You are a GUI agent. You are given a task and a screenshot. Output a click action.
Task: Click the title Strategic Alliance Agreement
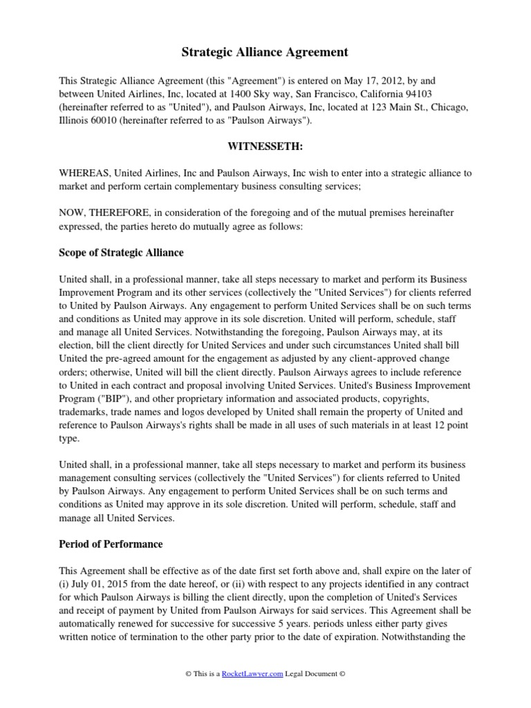(x=265, y=52)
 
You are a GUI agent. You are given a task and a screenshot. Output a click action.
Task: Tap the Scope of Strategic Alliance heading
(x=121, y=252)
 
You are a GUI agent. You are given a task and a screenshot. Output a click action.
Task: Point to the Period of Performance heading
(x=111, y=544)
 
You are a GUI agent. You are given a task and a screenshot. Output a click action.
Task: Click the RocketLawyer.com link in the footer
(x=254, y=674)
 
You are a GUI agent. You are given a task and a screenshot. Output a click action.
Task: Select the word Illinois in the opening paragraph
(x=74, y=120)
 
